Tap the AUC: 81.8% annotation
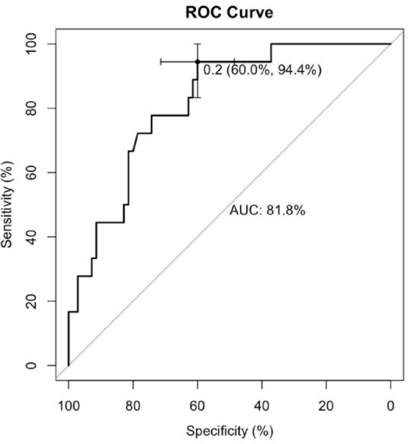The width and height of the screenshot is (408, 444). (267, 211)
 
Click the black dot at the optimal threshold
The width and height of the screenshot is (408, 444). (197, 61)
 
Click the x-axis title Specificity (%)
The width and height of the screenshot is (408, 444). (230, 430)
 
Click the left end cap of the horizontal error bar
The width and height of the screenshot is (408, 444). (161, 61)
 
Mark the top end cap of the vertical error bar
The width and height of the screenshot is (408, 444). (197, 43)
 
